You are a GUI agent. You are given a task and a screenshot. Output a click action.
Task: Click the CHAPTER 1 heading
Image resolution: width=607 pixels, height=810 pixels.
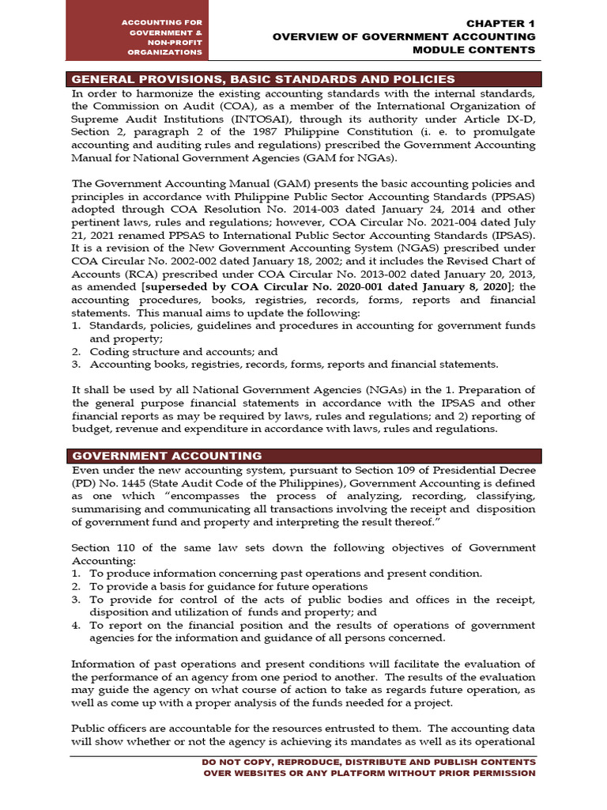(501, 24)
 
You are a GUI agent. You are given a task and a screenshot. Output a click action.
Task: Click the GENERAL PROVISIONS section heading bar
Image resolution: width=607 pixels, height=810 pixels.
(263, 79)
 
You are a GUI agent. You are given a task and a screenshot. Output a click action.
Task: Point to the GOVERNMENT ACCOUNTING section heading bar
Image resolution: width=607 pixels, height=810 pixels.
(167, 456)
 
